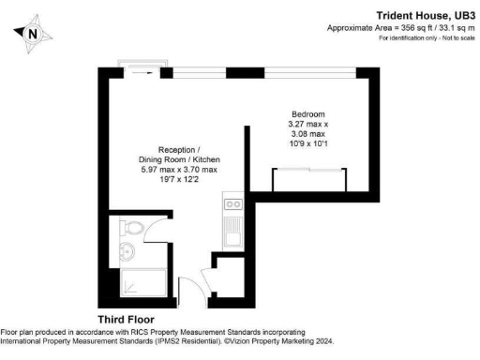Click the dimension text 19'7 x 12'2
pyautogui.click(x=178, y=180)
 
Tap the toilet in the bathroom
pyautogui.click(x=133, y=229)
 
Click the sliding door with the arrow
pyautogui.click(x=141, y=68)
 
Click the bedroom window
pyautogui.click(x=291, y=71)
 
